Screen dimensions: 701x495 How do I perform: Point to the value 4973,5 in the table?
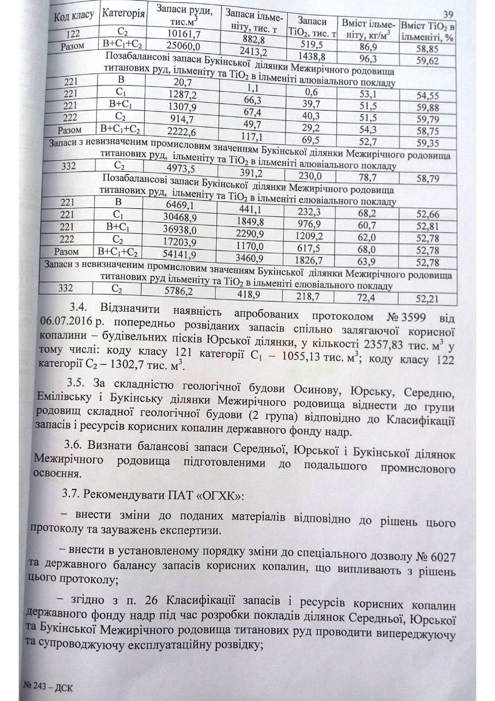pyautogui.click(x=180, y=169)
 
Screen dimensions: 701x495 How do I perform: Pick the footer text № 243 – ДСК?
pyautogui.click(x=46, y=688)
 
